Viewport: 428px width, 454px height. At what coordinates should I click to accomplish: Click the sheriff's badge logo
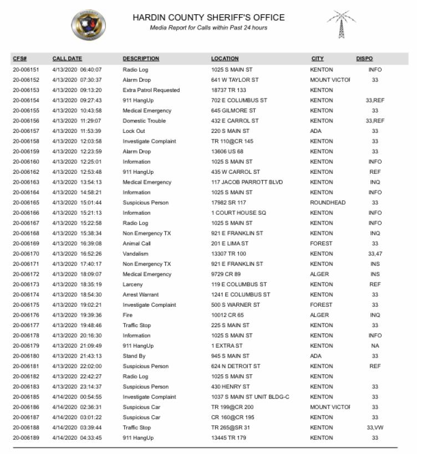pos(89,25)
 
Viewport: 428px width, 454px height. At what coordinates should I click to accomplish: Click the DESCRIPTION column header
pos(141,59)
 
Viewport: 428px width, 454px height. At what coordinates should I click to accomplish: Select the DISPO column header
pos(364,59)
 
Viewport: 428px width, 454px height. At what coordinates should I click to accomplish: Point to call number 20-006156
pos(26,121)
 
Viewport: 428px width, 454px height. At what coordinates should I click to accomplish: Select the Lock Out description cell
pos(134,131)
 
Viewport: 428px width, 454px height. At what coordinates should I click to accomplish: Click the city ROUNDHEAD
pos(328,203)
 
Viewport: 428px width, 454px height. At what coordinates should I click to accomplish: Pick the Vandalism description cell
pos(136,254)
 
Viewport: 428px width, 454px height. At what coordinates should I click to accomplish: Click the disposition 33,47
pos(375,254)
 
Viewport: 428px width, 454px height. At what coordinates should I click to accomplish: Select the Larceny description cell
pos(133,285)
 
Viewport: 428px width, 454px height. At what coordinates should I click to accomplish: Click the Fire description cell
pos(128,315)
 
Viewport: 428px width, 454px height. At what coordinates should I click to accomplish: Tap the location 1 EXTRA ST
pos(227,346)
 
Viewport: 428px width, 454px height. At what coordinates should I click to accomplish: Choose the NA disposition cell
pos(375,346)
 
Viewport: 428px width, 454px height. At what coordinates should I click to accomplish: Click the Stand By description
pos(134,356)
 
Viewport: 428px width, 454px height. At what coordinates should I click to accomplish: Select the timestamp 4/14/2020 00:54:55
pos(77,397)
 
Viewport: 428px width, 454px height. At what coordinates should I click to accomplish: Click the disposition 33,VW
pos(375,427)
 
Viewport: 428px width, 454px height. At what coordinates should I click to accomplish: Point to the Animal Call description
pos(136,244)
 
